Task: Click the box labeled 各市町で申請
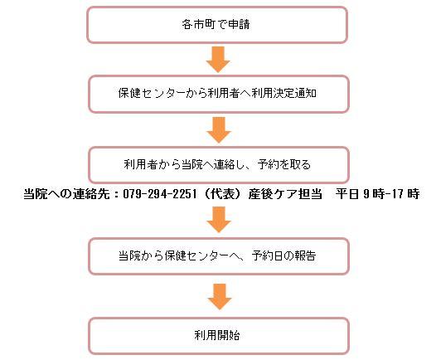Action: pos(217,25)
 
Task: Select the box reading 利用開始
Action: pos(219,336)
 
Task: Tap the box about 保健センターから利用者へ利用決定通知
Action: pos(219,94)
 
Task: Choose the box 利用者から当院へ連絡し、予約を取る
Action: pos(219,165)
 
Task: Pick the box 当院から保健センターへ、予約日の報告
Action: pos(219,256)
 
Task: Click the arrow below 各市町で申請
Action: pos(218,60)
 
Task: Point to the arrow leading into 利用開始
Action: pos(220,297)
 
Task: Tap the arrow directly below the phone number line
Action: pos(219,220)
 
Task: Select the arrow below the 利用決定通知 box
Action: pos(219,130)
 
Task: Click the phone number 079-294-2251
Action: pos(160,194)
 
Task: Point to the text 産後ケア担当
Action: pos(285,194)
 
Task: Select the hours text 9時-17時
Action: pos(391,194)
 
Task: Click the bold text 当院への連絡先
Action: pos(66,194)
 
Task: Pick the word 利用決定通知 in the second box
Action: pos(284,93)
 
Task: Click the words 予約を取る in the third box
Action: pos(284,164)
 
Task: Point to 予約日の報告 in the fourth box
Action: pos(284,255)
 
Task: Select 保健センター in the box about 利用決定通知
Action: pos(152,93)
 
